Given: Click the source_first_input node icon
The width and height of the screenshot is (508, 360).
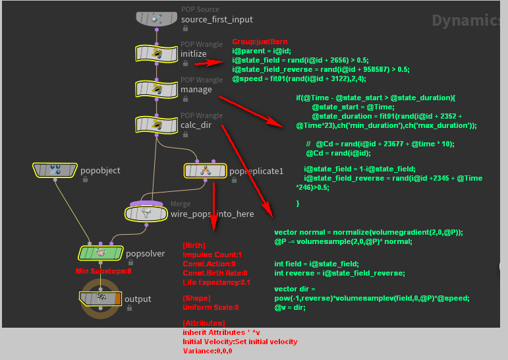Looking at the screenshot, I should pyautogui.click(x=156, y=19).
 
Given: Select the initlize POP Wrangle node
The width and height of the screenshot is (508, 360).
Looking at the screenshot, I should pyautogui.click(x=156, y=53).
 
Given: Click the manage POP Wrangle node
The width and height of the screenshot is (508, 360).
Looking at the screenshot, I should pyautogui.click(x=156, y=88).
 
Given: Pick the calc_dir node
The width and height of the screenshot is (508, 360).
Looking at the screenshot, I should pyautogui.click(x=156, y=123).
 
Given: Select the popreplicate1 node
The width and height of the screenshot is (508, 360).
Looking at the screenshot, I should pyautogui.click(x=205, y=171).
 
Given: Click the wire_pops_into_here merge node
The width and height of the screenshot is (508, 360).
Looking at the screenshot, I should pyautogui.click(x=146, y=213).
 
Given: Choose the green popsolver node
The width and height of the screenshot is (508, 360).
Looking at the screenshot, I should pyautogui.click(x=101, y=252).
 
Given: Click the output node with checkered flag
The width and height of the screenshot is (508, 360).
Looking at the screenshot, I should pyautogui.click(x=101, y=299).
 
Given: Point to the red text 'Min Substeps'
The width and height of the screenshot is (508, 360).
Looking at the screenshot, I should pyautogui.click(x=103, y=270).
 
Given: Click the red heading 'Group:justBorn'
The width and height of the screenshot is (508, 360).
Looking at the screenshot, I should pyautogui.click(x=260, y=42).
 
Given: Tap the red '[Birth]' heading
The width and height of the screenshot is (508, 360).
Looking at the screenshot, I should pyautogui.click(x=194, y=245).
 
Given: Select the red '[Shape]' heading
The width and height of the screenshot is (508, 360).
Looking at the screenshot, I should pyautogui.click(x=196, y=298).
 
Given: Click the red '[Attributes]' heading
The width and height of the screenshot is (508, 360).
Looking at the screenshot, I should pyautogui.click(x=204, y=323).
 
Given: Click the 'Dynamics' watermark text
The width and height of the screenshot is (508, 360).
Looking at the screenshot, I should pyautogui.click(x=468, y=20).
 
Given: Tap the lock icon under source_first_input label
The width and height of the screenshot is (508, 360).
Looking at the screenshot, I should pyautogui.click(x=185, y=28).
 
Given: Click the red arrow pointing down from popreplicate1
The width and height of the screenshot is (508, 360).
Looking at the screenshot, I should pyautogui.click(x=213, y=204).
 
